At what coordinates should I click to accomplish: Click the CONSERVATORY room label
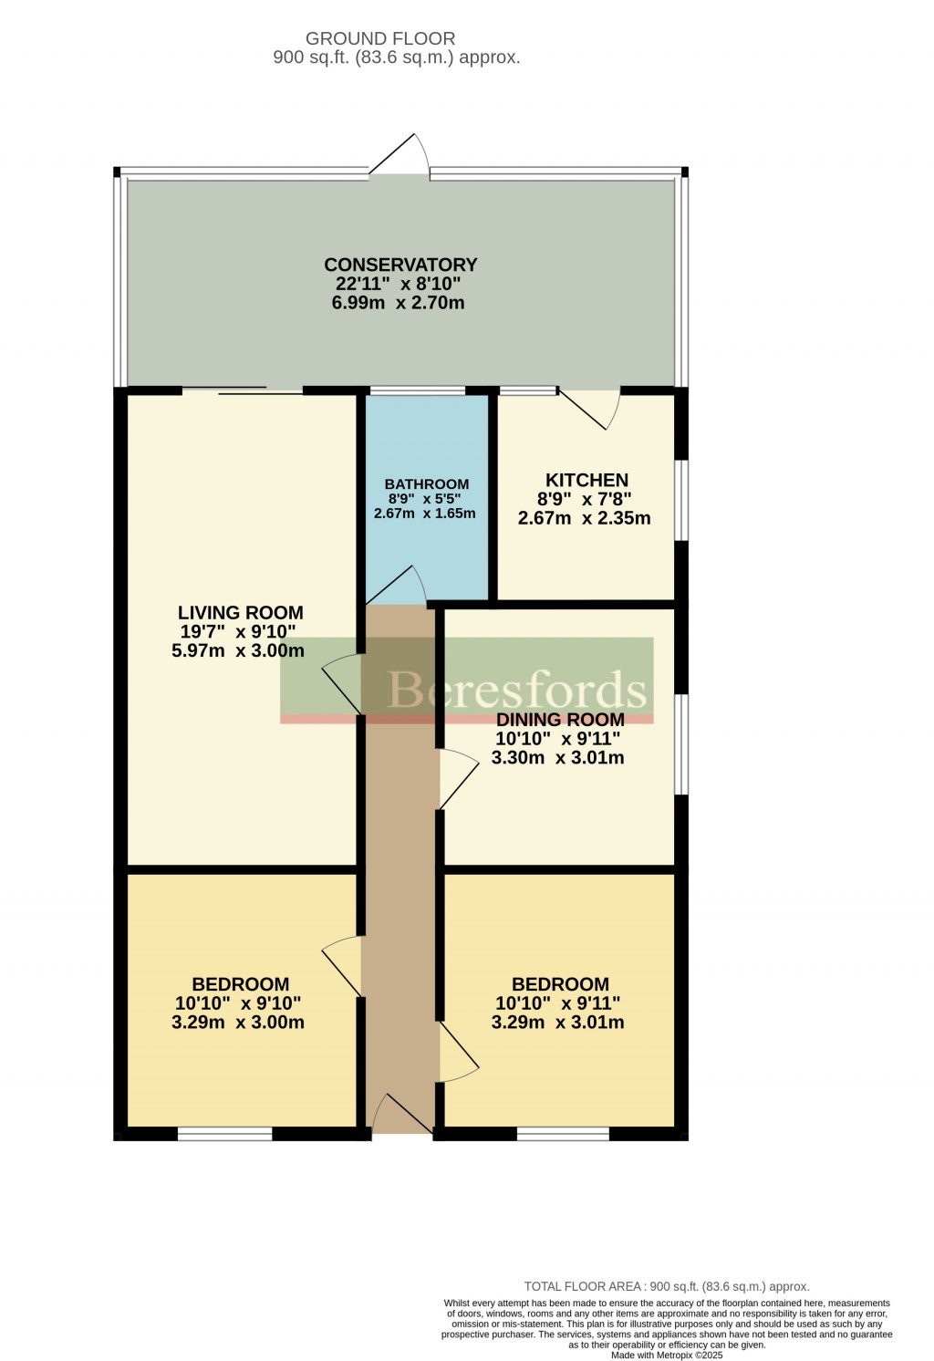click(x=400, y=265)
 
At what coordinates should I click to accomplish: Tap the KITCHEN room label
click(x=586, y=480)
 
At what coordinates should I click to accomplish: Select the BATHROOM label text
click(x=426, y=484)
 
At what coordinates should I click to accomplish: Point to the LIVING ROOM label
click(x=240, y=613)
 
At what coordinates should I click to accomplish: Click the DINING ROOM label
click(x=559, y=720)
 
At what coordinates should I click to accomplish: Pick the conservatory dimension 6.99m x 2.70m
click(x=398, y=303)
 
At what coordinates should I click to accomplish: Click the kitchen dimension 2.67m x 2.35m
click(x=584, y=518)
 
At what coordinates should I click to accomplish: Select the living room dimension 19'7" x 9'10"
click(x=238, y=632)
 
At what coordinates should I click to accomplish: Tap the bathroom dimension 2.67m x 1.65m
click(x=424, y=514)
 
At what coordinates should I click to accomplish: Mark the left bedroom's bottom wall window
click(x=224, y=1134)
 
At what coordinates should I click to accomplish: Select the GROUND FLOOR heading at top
click(x=380, y=38)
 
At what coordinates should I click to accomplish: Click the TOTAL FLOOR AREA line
click(x=667, y=1286)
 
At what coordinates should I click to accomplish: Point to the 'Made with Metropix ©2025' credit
click(x=667, y=1356)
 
